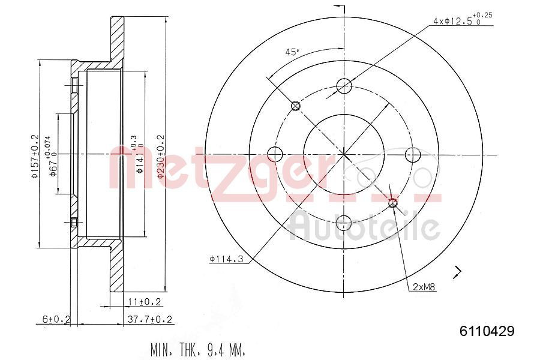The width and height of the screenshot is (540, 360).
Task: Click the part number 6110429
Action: (x=487, y=331)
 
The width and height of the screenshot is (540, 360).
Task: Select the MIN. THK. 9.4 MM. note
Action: (x=198, y=350)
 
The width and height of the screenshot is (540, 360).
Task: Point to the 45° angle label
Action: (x=292, y=52)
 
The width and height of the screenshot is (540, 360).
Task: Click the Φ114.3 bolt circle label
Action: (x=227, y=259)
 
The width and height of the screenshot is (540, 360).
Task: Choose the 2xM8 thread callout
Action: (x=424, y=287)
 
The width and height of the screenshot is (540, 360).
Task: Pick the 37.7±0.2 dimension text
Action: (x=149, y=319)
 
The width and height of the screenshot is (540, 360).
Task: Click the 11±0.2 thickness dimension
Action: (x=145, y=302)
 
